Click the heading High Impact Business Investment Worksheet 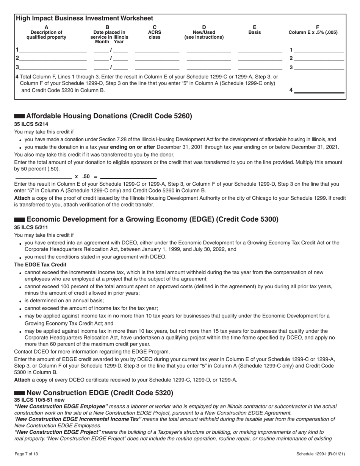tap(84, 18)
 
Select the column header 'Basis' tap(254, 33)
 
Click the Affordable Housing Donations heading tap(109, 116)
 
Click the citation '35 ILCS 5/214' tap(31, 124)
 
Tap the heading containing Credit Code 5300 tap(152, 219)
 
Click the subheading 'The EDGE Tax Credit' tap(40, 264)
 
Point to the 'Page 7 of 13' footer tap(26, 454)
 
